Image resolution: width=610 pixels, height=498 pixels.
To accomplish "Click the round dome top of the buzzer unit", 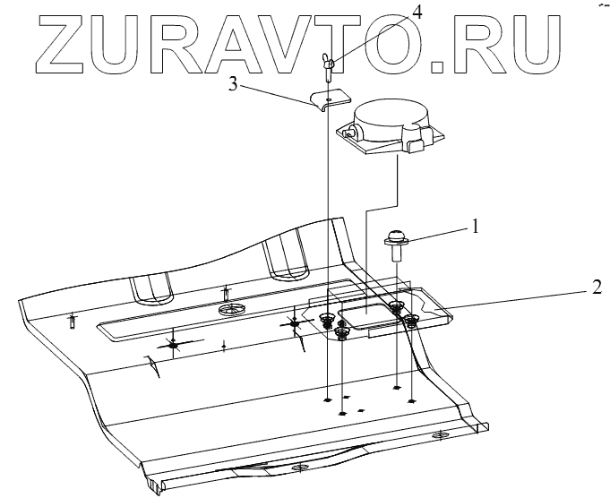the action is (x=392, y=114).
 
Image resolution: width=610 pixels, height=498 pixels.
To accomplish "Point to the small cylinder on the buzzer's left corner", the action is (x=351, y=133).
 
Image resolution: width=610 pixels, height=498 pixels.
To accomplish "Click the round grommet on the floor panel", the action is (x=231, y=309).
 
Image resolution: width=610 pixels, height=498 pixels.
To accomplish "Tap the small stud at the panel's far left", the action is (x=71, y=322).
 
